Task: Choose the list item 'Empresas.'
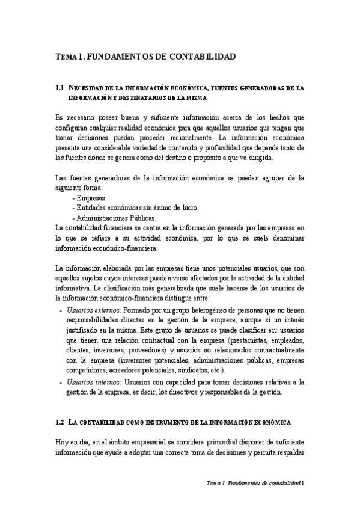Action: (x=90, y=198)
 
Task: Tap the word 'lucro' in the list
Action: (x=188, y=208)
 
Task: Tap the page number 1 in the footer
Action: (x=303, y=483)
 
